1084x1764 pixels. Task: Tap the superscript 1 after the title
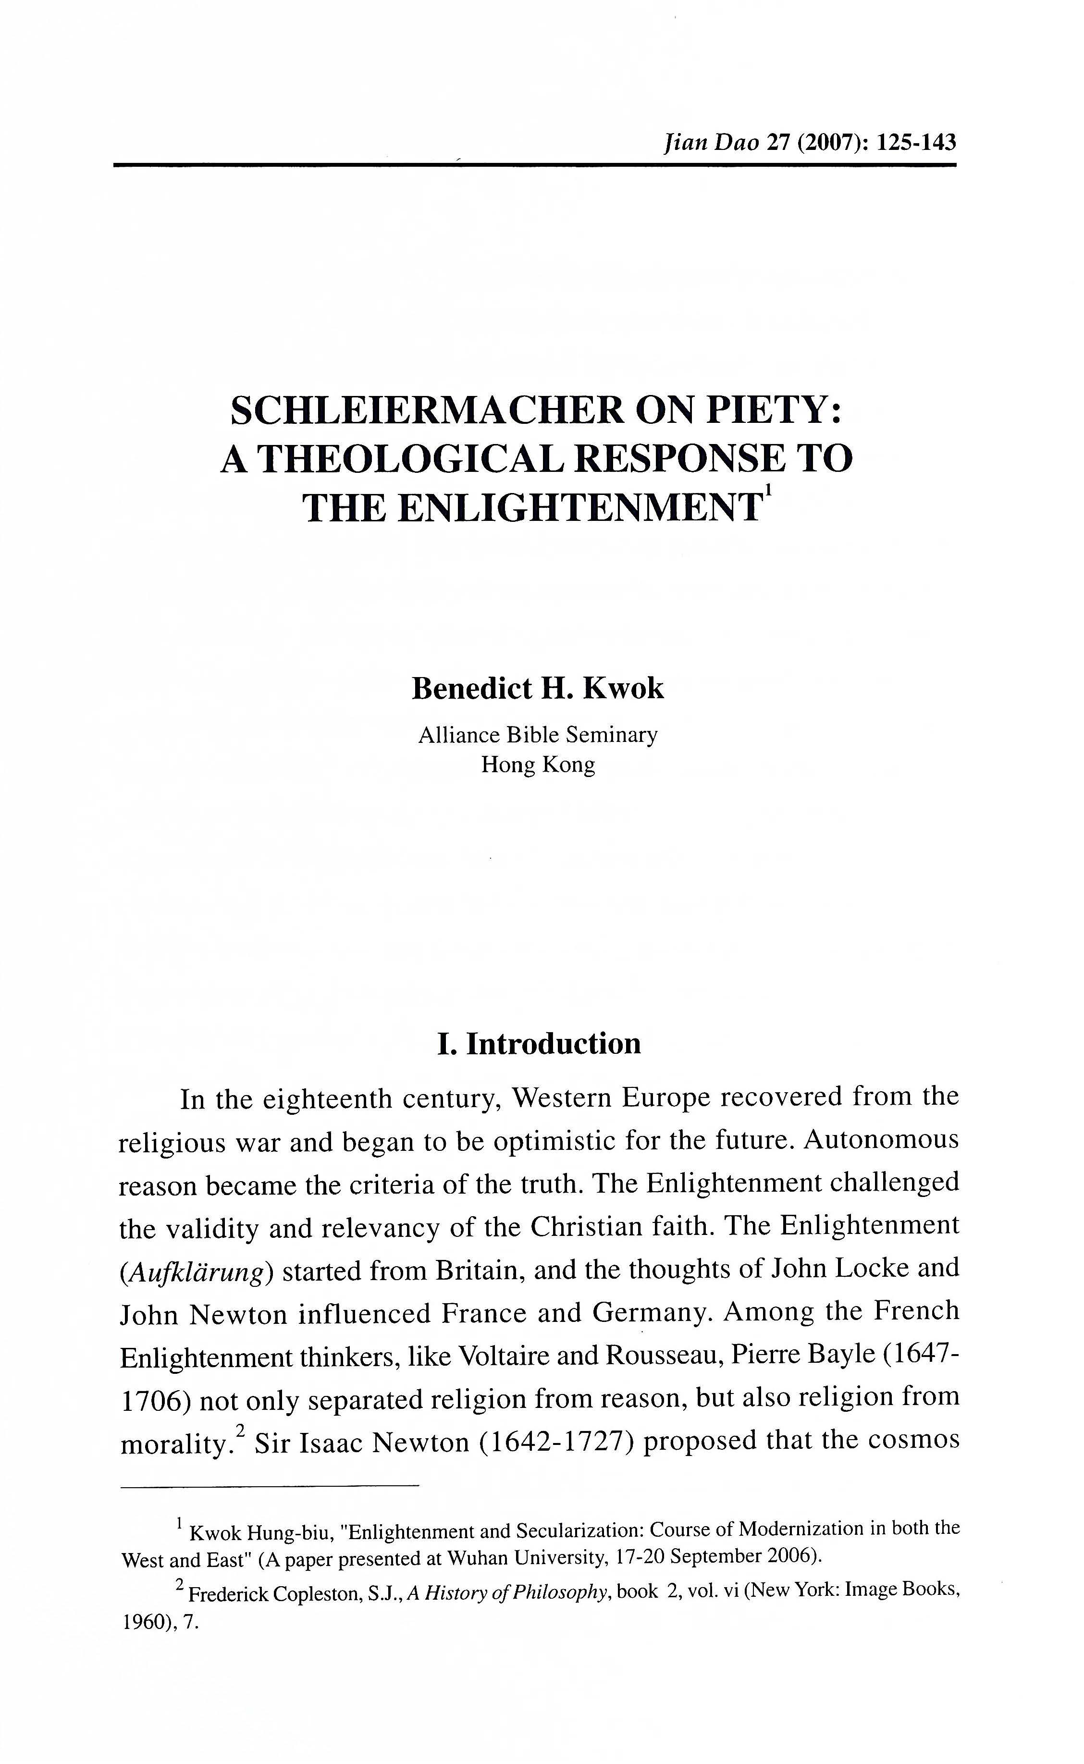[x=768, y=492]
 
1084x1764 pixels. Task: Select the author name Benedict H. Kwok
[x=538, y=688]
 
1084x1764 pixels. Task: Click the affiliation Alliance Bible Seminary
[x=538, y=735]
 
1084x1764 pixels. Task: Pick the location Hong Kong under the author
[x=538, y=765]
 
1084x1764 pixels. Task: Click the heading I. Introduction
[x=539, y=1044]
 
